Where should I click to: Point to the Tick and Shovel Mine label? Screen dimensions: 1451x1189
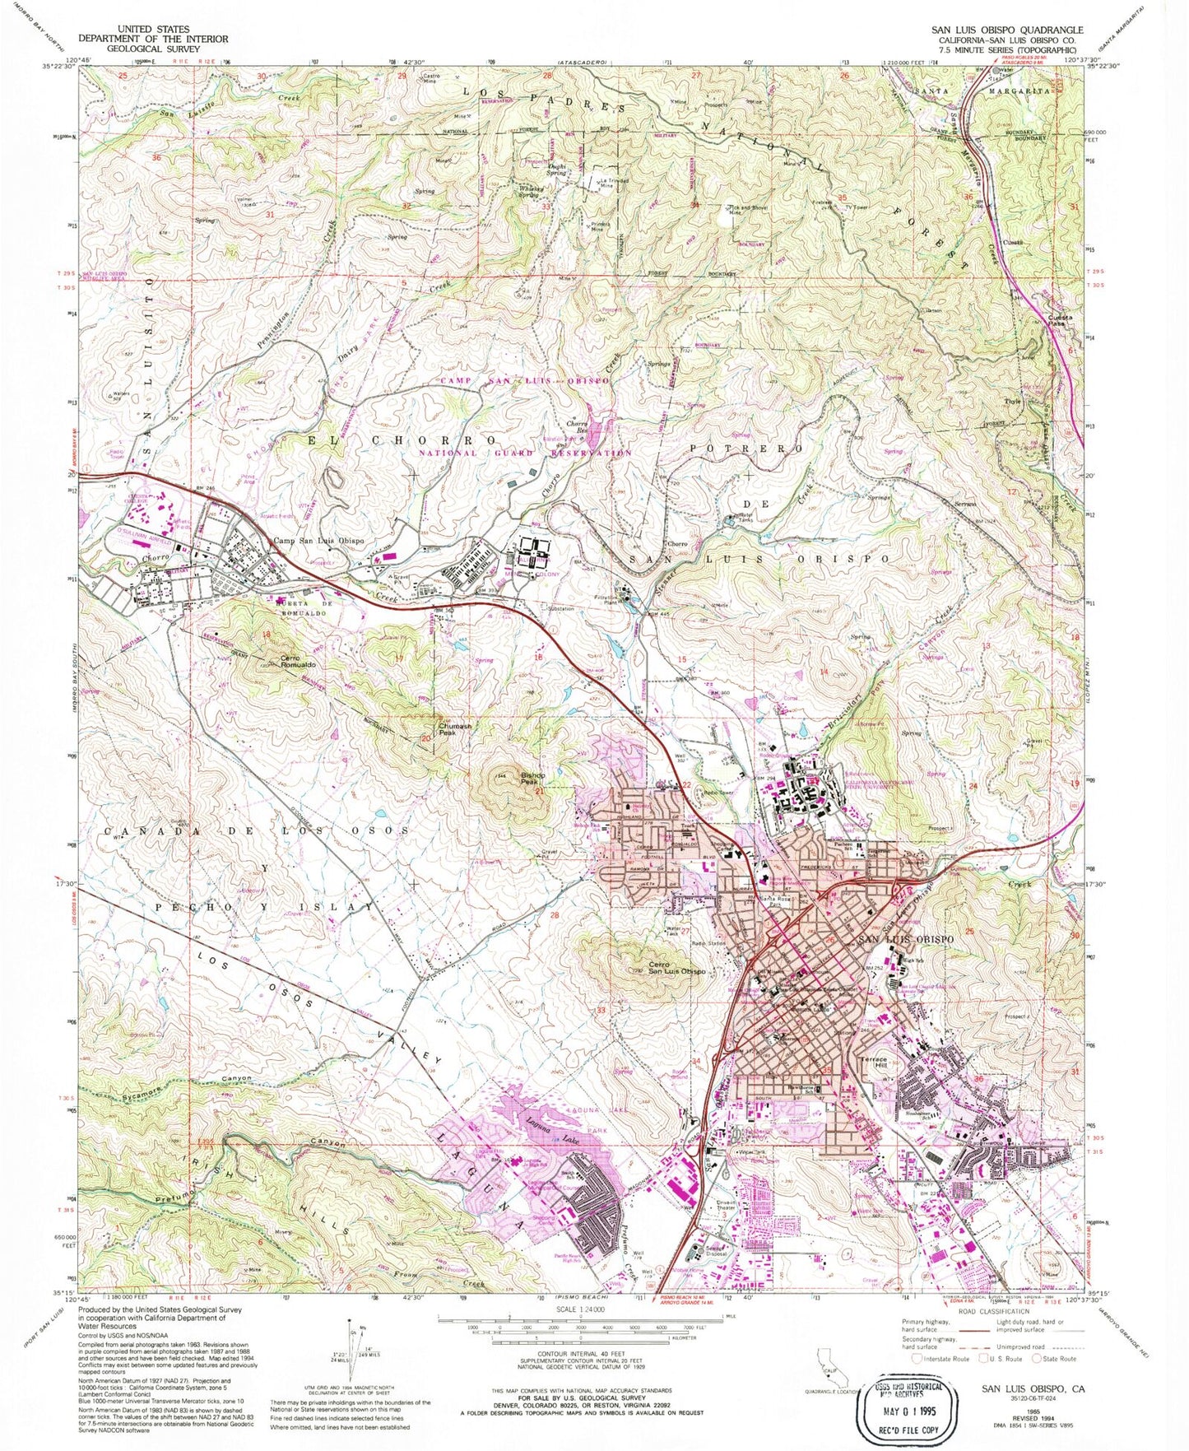tap(747, 210)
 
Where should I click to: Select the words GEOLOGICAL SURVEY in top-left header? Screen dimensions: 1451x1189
tap(152, 49)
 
